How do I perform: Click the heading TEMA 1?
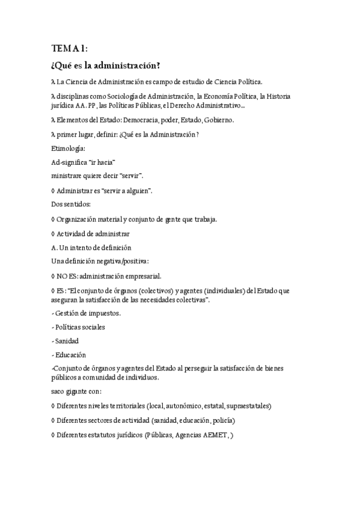pos(70,48)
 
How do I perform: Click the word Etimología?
pos(69,148)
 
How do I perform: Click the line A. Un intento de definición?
pos(92,248)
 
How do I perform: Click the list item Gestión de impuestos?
pos(88,313)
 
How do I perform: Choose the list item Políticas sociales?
pos(80,327)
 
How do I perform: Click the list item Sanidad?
pos(67,341)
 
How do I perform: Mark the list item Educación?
pos(70,355)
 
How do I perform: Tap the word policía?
pos(222,420)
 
